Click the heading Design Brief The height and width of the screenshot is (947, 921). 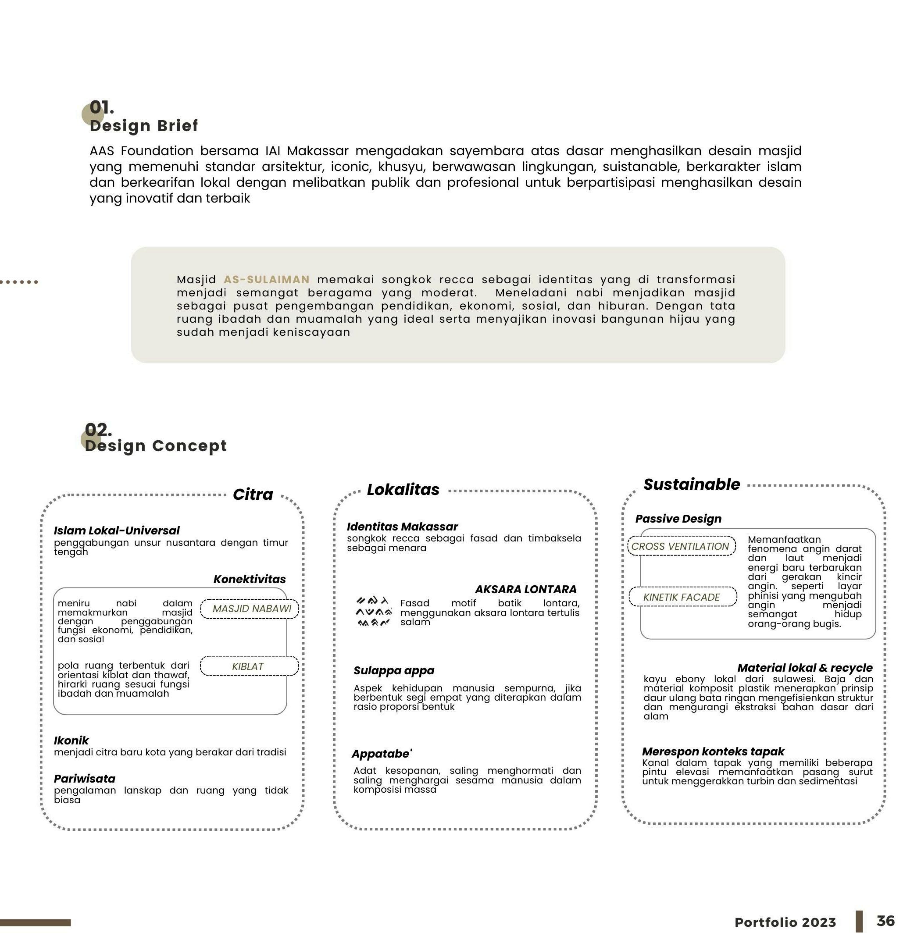click(x=144, y=126)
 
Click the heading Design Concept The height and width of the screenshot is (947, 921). click(x=155, y=445)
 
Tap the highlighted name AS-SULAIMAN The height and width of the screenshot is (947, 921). click(x=266, y=280)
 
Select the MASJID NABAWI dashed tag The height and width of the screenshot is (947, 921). click(x=252, y=609)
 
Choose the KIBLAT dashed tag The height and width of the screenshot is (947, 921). click(x=248, y=666)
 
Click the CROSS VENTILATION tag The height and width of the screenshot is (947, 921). click(x=680, y=547)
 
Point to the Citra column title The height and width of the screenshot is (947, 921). click(x=253, y=494)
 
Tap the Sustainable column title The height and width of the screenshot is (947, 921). click(x=691, y=484)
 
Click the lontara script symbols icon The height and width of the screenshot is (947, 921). click(x=373, y=612)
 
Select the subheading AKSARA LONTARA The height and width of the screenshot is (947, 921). click(x=525, y=589)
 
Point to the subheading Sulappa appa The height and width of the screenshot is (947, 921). click(x=394, y=670)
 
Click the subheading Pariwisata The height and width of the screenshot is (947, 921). click(x=85, y=779)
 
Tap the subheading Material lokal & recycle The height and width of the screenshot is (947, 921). click(x=804, y=668)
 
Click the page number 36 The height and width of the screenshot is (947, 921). click(x=885, y=921)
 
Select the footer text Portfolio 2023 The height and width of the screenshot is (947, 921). click(x=785, y=922)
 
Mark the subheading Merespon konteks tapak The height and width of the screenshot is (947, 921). click(x=713, y=751)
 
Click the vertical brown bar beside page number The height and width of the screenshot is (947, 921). click(x=859, y=922)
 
